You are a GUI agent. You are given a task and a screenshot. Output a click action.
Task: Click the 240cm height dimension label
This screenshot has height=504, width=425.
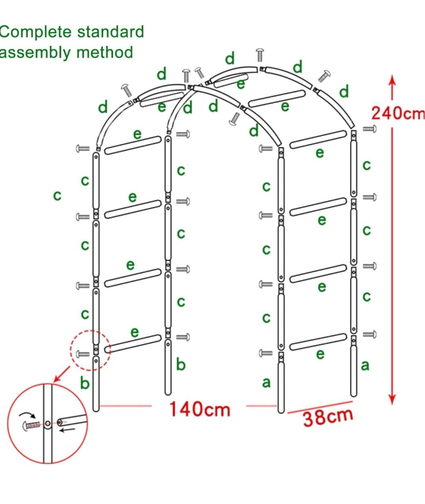coord(398,113)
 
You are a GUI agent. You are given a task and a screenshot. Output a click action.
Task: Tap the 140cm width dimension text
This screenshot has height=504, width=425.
coord(200,410)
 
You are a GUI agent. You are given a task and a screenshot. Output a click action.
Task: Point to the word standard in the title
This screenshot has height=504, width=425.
coord(111,31)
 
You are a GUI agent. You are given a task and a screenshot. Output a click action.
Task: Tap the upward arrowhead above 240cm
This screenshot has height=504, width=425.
coord(392,81)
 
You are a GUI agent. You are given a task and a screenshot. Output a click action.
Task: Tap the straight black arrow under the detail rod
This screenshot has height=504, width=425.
coord(67,430)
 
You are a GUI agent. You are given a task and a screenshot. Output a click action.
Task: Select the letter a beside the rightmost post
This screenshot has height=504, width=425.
coord(365,366)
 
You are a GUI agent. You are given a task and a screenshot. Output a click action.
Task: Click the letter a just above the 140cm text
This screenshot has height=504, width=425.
coord(266,382)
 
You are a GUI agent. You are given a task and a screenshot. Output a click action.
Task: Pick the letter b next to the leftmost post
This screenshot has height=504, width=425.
coord(85,383)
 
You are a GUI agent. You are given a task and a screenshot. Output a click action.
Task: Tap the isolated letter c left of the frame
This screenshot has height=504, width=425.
coord(57,195)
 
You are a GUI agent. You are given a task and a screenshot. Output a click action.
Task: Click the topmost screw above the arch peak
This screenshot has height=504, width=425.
coord(260,55)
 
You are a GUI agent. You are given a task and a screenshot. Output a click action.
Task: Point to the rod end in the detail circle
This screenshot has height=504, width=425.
coord(60,423)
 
